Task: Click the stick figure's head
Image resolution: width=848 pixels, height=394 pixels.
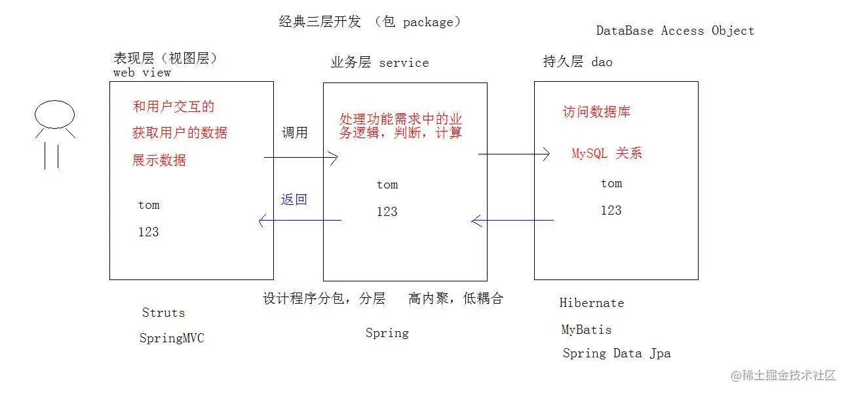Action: [54, 116]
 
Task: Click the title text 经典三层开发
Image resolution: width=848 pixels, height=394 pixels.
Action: [320, 22]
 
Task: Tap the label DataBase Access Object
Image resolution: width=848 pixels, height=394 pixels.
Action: [675, 31]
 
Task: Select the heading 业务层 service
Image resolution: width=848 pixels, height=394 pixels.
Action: [379, 63]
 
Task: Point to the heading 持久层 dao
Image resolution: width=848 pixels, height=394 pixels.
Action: [577, 62]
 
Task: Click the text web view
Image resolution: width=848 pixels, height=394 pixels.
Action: [142, 73]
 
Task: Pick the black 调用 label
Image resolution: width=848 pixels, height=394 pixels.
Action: [294, 132]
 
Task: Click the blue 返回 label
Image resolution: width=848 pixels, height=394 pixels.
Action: [294, 200]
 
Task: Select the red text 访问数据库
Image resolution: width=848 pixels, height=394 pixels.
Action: [596, 112]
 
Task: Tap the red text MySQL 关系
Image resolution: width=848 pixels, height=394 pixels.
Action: [607, 154]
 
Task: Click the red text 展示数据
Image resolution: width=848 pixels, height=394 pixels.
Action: [159, 160]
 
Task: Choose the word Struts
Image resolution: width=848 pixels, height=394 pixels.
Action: [163, 313]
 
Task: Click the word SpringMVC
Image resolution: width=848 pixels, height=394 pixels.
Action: [172, 338]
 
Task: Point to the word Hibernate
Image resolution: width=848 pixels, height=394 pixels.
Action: [591, 303]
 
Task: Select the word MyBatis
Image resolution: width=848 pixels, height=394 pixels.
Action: [586, 330]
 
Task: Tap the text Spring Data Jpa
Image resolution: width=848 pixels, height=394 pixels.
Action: [616, 353]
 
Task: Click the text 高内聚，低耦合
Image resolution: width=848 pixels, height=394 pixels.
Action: [455, 299]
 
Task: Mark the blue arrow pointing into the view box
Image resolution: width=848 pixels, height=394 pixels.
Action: [299, 221]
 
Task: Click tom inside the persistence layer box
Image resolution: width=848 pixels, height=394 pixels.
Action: [611, 183]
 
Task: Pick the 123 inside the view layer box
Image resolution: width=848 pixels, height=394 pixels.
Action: [148, 232]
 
